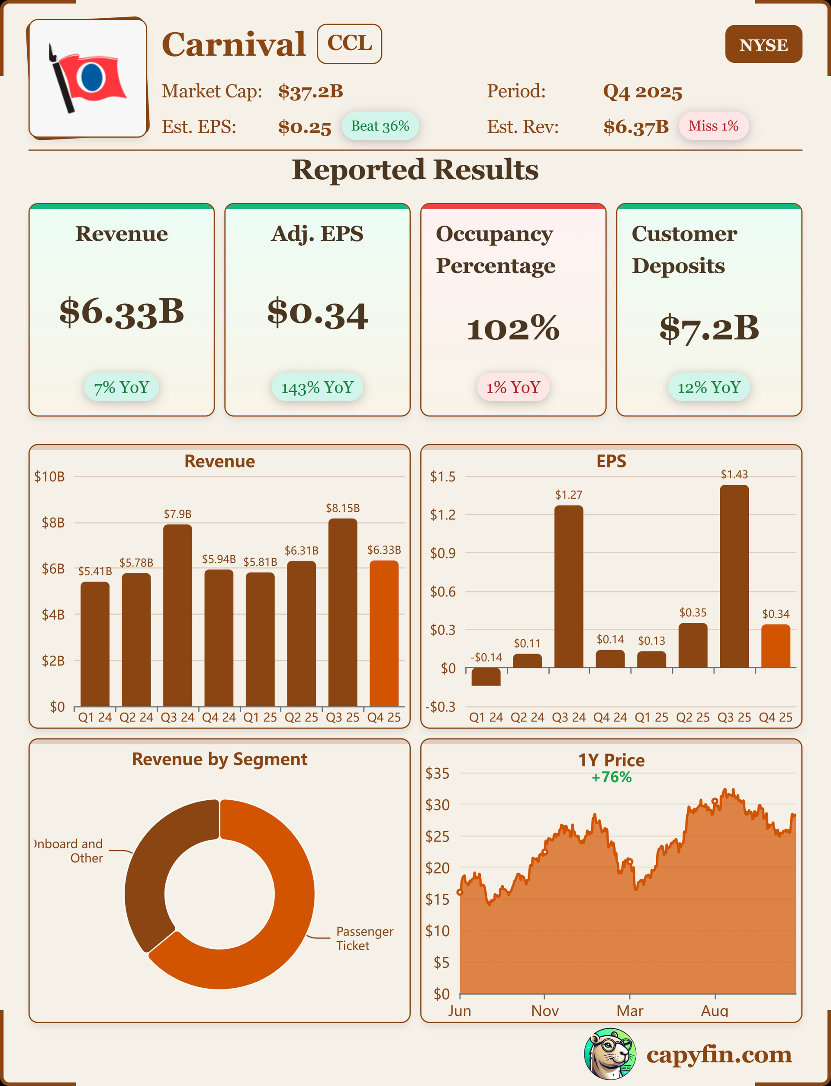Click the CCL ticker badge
[x=349, y=44]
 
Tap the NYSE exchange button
[x=763, y=44]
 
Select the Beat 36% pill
[x=380, y=126]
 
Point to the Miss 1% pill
[x=713, y=126]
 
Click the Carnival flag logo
[x=88, y=78]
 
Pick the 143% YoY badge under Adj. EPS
[x=317, y=387]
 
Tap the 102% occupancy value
[x=513, y=329]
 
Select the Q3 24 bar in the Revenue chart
[x=177, y=615]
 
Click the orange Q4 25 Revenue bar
[x=384, y=634]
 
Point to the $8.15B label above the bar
[x=343, y=508]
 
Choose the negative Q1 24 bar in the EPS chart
[x=486, y=677]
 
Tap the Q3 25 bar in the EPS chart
[x=734, y=577]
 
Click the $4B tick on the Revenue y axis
[x=53, y=615]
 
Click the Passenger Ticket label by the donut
[x=364, y=938]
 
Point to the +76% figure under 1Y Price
[x=612, y=777]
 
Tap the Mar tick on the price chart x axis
[x=630, y=1011]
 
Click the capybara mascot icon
[x=610, y=1054]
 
